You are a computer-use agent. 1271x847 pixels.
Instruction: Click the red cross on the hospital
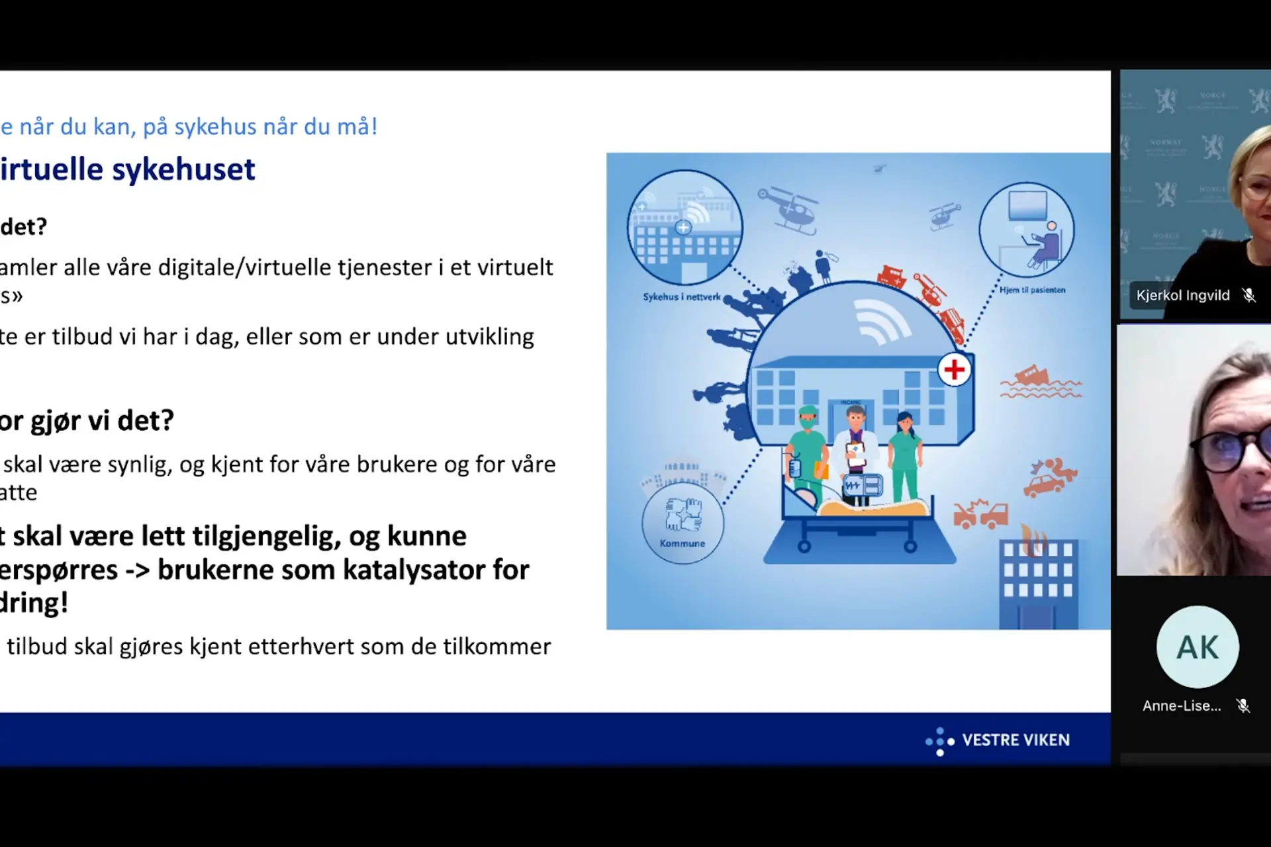(954, 369)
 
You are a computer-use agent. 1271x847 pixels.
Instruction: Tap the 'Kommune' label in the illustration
(683, 543)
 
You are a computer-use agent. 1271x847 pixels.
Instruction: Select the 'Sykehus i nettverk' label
(681, 297)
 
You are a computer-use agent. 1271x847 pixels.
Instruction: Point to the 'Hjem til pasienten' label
(1032, 290)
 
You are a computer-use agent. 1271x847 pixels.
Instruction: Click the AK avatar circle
(1198, 646)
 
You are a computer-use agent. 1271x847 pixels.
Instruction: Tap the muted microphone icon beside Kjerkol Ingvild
(1248, 295)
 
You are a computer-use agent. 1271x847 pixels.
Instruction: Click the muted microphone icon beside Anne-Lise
(1243, 706)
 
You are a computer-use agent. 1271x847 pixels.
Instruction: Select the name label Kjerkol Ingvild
(1182, 295)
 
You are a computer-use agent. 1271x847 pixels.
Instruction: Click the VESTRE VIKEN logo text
(1015, 740)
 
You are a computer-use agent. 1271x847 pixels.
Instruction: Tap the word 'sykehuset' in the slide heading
(183, 169)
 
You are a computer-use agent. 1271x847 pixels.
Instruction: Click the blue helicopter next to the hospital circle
(789, 210)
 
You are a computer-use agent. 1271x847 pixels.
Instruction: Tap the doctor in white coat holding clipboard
(856, 450)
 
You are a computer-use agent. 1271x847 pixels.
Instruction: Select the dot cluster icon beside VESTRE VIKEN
(939, 741)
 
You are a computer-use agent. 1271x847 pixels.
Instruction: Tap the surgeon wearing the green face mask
(808, 450)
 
